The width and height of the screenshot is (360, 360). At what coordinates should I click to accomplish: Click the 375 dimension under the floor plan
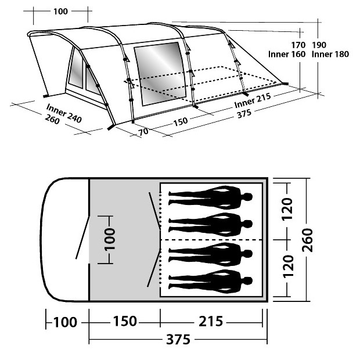tap(178, 339)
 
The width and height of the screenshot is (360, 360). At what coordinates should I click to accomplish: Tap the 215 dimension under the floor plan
tap(211, 321)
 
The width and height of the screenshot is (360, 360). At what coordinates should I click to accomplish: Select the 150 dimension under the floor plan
tap(125, 321)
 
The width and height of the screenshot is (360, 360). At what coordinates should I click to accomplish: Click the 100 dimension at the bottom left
tap(65, 322)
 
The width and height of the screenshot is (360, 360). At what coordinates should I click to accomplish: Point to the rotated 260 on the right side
tap(308, 240)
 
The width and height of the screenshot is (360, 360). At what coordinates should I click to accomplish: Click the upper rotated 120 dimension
tap(287, 209)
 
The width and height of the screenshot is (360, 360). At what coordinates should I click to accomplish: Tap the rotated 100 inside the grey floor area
tap(110, 239)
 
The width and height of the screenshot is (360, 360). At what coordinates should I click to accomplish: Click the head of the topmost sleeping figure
tap(247, 197)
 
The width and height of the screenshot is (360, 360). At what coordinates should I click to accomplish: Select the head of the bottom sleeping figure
tap(247, 281)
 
